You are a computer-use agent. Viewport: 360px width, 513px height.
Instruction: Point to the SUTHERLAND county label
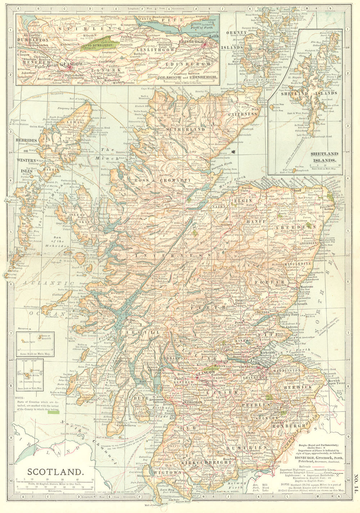coord(185,129)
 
